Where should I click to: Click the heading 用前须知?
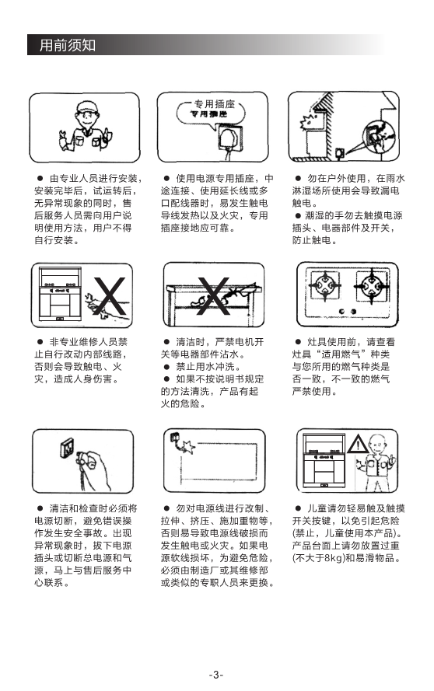tap(68, 45)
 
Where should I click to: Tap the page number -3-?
tap(215, 675)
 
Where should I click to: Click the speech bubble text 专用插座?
tap(215, 104)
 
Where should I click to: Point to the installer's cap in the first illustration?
tap(86, 106)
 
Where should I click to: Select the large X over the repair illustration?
tap(109, 295)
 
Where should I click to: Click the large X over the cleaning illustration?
tap(213, 296)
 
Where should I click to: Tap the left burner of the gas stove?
tap(325, 286)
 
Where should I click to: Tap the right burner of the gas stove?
tap(373, 287)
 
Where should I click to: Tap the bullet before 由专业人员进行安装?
tap(40, 179)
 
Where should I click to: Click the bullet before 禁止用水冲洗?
tap(166, 367)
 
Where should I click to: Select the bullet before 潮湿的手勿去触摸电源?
tap(298, 215)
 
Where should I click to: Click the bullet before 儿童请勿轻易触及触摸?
tap(298, 508)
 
